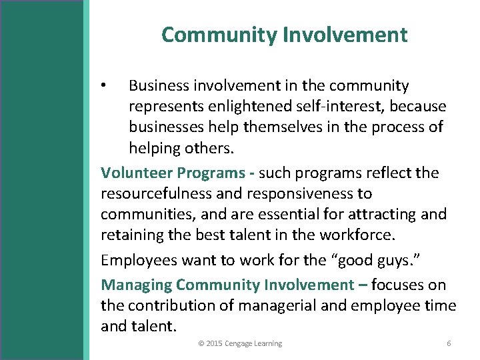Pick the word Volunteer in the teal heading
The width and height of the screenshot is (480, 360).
coord(137,173)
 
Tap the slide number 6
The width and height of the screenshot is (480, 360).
coord(449,343)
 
